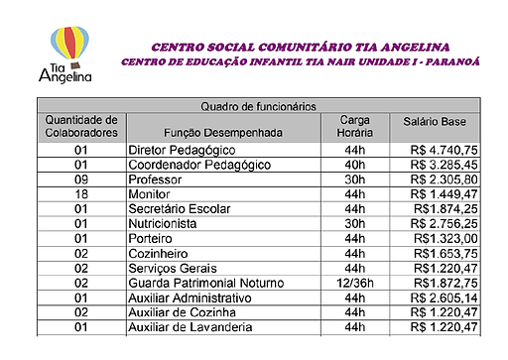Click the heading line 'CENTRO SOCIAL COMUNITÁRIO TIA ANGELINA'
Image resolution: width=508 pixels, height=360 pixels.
300,46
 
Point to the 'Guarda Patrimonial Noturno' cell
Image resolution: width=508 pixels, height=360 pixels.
205,283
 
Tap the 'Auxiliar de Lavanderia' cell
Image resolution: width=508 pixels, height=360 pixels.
190,326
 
